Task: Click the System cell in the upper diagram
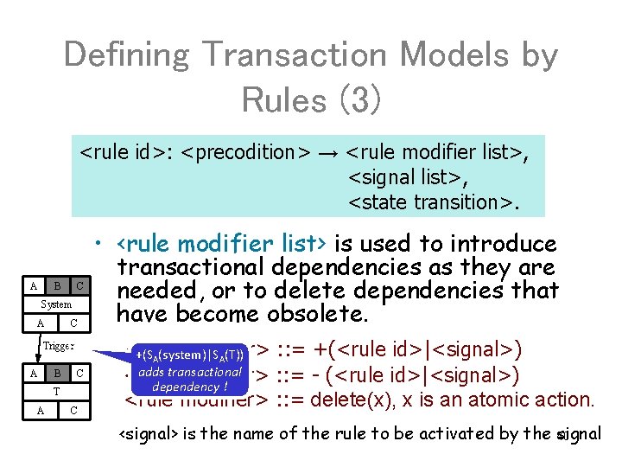tap(57, 304)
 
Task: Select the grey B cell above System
tap(57, 286)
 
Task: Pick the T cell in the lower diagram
tap(57, 391)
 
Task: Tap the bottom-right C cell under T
tap(76, 409)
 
